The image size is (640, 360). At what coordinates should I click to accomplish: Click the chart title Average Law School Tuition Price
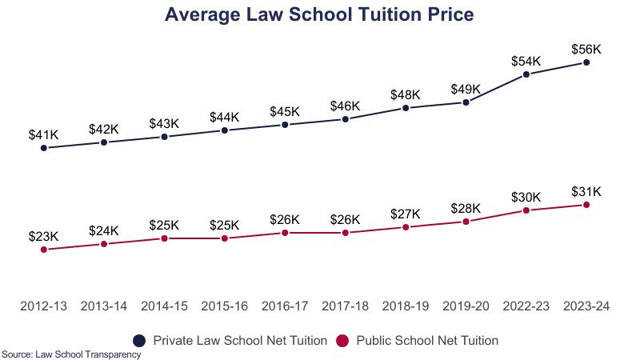pos(319,14)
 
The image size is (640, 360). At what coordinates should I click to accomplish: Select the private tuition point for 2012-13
pos(43,148)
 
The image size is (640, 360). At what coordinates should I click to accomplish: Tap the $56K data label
pos(586,50)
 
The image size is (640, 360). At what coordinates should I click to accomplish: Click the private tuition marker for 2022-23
pos(526,74)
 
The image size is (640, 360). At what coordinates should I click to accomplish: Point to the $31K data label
pos(586,192)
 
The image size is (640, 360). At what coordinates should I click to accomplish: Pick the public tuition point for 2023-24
pos(586,205)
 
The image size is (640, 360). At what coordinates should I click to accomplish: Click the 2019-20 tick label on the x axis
pos(466,306)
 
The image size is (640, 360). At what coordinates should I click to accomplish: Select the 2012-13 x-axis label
pos(43,306)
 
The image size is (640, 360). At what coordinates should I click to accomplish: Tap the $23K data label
pos(43,237)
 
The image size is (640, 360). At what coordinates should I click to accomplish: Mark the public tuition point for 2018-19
pos(406,227)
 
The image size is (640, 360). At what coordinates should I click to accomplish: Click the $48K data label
pos(406,94)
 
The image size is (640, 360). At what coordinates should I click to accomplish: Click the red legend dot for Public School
pos(342,340)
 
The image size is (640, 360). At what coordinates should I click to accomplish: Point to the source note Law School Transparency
pos(71,354)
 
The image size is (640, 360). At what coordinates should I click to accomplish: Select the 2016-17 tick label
pos(285,306)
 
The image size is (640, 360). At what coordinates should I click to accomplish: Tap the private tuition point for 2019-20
pos(466,102)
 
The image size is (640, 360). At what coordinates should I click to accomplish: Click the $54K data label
pos(526,62)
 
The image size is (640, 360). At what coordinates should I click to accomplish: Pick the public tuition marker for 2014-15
pos(164,238)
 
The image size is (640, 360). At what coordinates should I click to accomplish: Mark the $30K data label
pos(526,198)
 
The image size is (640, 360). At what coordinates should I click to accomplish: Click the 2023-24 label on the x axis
pos(586,306)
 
